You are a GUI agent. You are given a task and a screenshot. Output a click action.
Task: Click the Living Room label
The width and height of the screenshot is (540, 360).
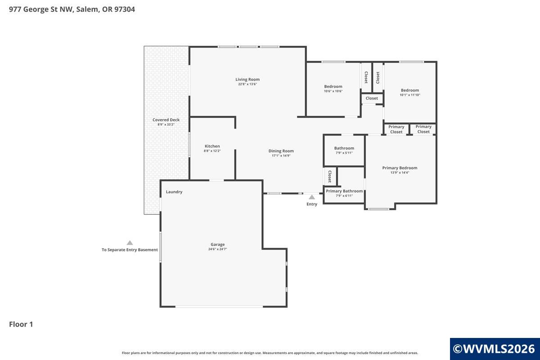[x=247, y=79]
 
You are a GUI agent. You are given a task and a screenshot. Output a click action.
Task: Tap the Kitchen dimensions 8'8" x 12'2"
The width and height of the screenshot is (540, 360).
[x=212, y=151]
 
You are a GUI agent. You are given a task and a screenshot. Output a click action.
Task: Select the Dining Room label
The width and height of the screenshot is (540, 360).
[x=281, y=151]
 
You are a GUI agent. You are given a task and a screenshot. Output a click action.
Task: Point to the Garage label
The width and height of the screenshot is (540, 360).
[x=217, y=244]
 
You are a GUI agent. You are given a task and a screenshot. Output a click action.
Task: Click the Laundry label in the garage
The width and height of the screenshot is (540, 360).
[x=174, y=192]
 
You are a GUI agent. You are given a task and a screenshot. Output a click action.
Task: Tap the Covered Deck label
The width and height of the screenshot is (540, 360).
[x=166, y=120]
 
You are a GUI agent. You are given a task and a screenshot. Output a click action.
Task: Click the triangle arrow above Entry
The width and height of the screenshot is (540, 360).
[x=312, y=197]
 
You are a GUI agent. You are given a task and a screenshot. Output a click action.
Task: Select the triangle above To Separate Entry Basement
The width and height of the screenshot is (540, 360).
[x=130, y=243]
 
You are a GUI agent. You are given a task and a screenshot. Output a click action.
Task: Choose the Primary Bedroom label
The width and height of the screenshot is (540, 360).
[x=400, y=168]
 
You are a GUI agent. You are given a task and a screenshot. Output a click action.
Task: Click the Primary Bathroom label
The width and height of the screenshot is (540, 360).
[x=344, y=191]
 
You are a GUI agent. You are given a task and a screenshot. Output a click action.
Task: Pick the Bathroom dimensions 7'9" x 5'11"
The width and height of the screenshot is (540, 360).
[x=344, y=153]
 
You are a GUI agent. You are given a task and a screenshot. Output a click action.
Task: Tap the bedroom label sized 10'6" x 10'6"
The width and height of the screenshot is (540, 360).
[x=333, y=86]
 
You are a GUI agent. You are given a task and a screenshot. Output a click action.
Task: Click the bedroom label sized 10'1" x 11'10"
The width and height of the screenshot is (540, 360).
[x=410, y=90]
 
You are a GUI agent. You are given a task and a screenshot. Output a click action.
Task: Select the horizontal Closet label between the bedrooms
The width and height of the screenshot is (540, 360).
[x=372, y=99]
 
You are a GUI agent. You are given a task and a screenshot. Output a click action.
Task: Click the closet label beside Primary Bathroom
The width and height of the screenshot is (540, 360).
[x=330, y=176]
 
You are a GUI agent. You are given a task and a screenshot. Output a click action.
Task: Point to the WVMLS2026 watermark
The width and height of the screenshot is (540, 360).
[x=494, y=349]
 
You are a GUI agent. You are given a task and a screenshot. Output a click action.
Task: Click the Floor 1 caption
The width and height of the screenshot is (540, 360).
[x=21, y=324]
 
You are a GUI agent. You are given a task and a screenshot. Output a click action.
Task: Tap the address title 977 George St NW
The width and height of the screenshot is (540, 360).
[x=42, y=9]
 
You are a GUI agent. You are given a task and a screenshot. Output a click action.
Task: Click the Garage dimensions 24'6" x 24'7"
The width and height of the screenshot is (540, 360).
[x=217, y=249]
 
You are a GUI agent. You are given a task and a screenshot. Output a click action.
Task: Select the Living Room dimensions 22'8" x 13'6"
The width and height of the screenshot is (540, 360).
[x=247, y=84]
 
